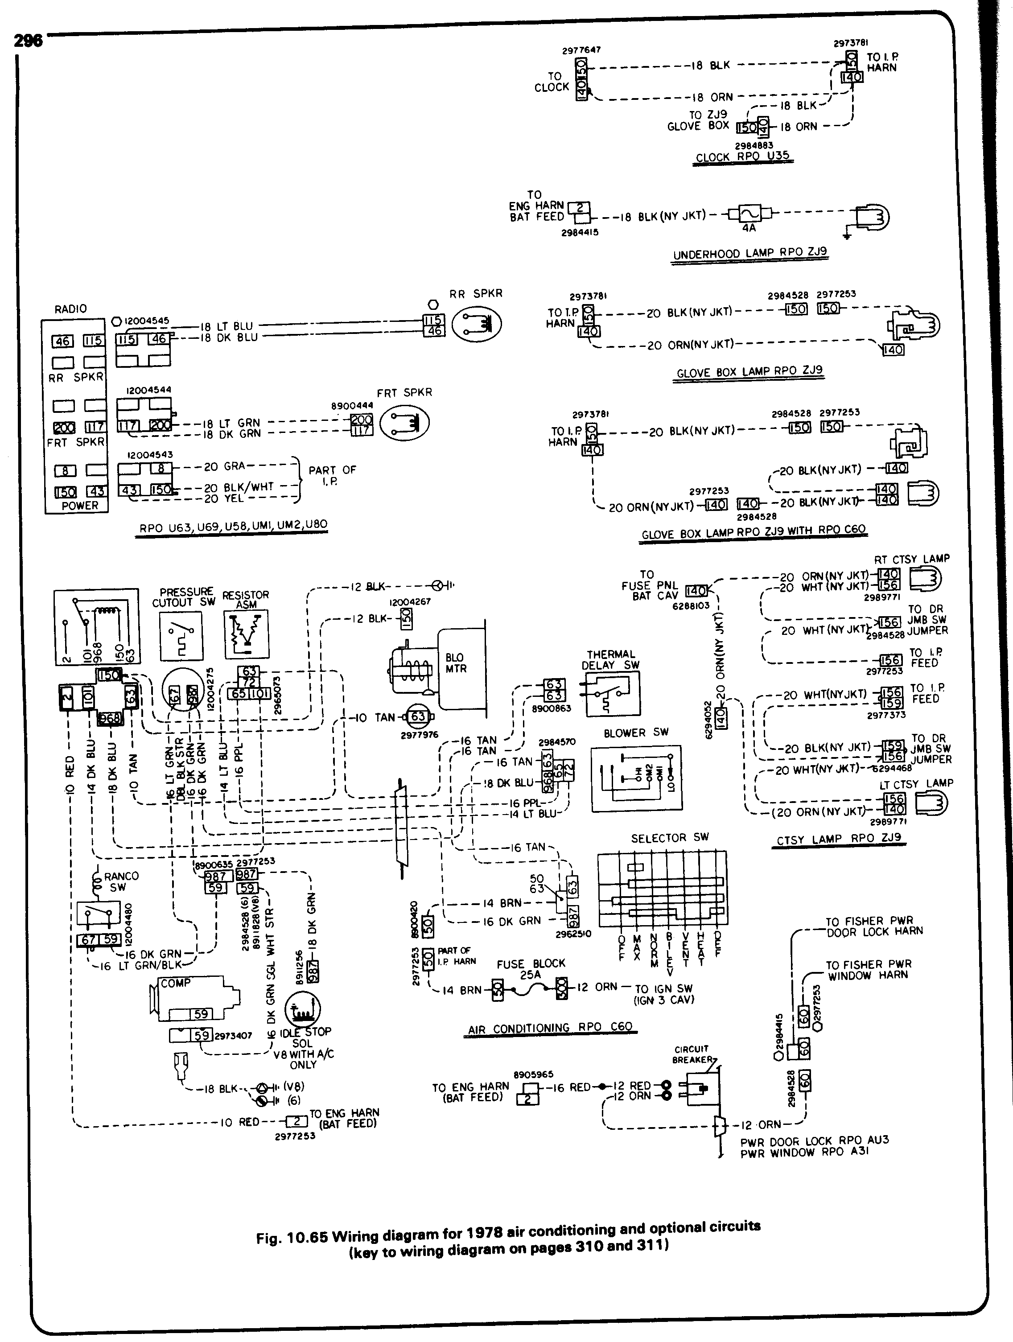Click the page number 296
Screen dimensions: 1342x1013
28,40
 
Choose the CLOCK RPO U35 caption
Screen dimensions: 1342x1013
742,156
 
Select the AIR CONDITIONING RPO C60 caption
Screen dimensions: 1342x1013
550,1028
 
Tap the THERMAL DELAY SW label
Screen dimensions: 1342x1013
611,659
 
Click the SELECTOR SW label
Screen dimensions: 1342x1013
670,838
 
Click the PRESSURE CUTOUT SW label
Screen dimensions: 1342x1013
183,597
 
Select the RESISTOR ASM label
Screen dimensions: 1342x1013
245,599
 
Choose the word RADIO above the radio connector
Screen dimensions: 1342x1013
70,309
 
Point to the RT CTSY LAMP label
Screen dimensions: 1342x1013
912,559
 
